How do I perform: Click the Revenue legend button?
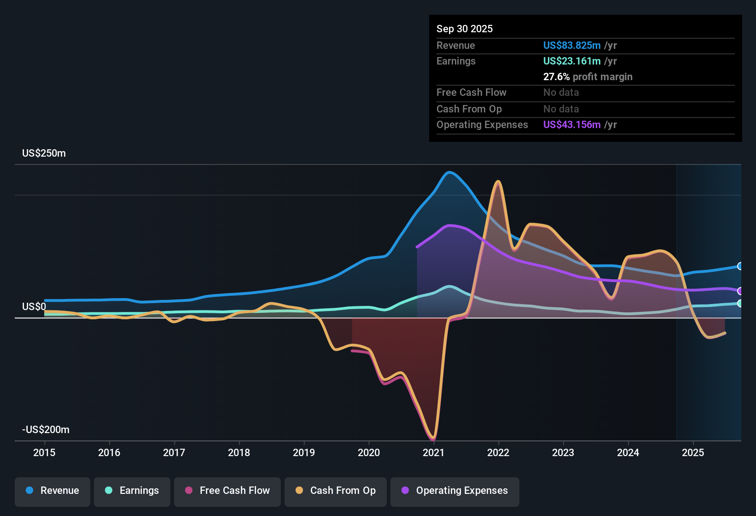52,491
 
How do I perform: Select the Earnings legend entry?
132,491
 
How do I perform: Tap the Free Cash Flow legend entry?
227,491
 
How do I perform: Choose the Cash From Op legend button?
336,491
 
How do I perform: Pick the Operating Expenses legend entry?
455,491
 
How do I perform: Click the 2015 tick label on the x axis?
44,452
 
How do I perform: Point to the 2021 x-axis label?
433,452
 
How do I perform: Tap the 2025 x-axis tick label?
693,452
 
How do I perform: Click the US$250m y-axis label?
44,153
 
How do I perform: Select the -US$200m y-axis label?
46,430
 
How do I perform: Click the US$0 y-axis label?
34,307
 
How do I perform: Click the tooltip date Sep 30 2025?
464,29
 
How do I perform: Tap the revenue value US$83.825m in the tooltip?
571,46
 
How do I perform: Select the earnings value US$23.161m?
571,61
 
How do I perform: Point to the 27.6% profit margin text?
587,77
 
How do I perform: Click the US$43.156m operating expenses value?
571,125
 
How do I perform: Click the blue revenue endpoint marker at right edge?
740,266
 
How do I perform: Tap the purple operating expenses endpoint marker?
740,291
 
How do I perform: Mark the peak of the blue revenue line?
449,172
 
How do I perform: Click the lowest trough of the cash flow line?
433,438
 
